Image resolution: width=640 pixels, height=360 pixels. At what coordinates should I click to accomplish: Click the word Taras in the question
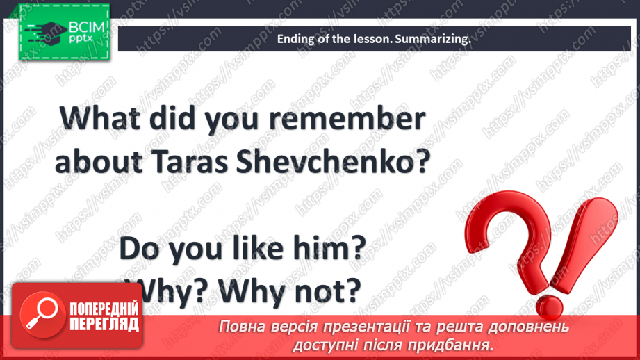click(x=189, y=162)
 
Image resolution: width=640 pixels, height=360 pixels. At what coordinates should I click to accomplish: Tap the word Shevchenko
click(x=328, y=162)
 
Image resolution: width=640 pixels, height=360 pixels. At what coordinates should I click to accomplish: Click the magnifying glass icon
click(x=42, y=314)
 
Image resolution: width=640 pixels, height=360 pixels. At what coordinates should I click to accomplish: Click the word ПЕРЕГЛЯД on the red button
click(x=104, y=325)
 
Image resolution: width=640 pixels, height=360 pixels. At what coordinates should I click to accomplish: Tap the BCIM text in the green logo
click(x=87, y=27)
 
